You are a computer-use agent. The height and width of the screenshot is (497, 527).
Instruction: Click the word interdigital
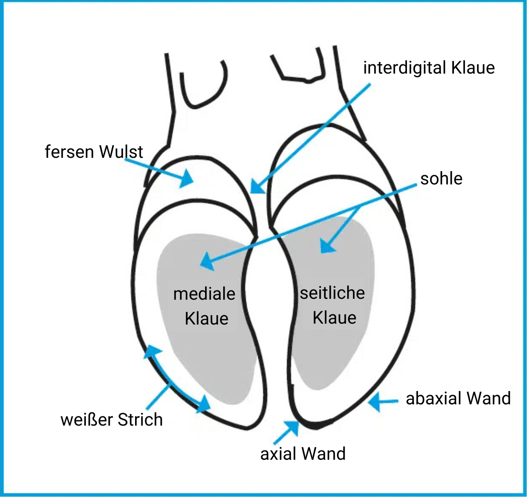click(x=405, y=68)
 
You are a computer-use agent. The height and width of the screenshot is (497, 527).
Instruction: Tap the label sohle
click(x=441, y=178)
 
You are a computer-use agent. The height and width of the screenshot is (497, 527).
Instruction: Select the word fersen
click(x=69, y=152)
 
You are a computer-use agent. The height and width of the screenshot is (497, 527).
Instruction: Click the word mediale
click(x=204, y=294)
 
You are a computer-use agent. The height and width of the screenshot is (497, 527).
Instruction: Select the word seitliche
click(x=333, y=293)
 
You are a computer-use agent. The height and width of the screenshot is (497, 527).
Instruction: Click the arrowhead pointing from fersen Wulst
click(x=187, y=178)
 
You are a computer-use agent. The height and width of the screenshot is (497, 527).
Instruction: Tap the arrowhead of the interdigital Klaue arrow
click(x=257, y=187)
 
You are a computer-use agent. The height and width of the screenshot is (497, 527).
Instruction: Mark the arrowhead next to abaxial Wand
click(x=374, y=401)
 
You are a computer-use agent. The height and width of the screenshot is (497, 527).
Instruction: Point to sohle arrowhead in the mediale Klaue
click(x=207, y=262)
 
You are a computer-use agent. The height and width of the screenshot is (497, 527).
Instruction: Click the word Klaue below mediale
click(x=207, y=318)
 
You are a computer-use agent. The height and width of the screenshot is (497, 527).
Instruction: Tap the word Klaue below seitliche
click(x=334, y=317)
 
